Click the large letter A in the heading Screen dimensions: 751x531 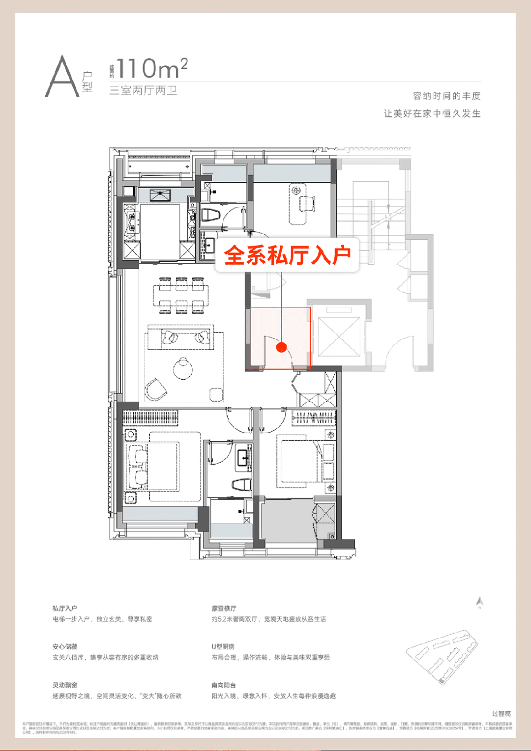click(x=62, y=77)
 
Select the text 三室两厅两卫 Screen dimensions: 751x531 click(x=143, y=91)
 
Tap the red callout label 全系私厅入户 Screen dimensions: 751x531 click(x=287, y=255)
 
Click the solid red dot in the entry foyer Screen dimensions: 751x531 click(x=281, y=347)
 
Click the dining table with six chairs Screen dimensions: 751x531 click(x=181, y=295)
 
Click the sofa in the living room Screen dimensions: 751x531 click(x=180, y=337)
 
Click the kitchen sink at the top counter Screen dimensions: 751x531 click(x=160, y=195)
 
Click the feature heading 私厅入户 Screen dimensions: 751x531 click(x=65, y=609)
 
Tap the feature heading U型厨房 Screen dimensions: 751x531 click(x=223, y=647)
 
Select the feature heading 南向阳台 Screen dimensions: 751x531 click(x=224, y=685)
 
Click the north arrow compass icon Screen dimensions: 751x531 click(x=480, y=602)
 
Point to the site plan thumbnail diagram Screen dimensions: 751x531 click(x=442, y=656)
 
